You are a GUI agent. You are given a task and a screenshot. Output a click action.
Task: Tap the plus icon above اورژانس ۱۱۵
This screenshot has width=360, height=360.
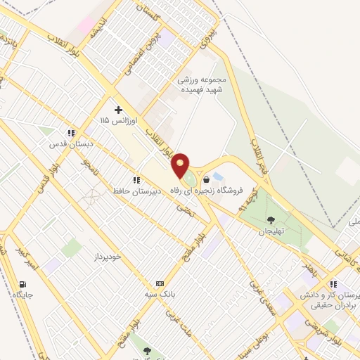[x=118, y=110]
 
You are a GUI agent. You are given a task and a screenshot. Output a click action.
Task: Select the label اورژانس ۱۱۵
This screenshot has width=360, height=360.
[x=115, y=121]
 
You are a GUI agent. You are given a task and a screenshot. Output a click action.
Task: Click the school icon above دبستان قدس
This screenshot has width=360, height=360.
[x=70, y=132]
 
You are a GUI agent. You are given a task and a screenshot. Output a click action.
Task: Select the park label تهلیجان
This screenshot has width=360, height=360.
[x=269, y=231]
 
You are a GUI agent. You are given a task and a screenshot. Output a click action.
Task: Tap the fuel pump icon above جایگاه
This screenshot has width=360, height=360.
[x=24, y=284]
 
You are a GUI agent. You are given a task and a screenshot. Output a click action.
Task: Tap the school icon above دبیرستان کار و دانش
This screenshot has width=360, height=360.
[x=333, y=284]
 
